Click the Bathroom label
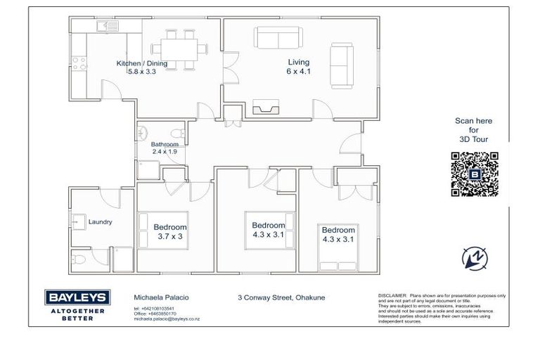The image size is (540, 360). [165, 144]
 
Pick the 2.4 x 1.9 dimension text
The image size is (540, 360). [165, 152]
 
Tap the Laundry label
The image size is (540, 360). [100, 222]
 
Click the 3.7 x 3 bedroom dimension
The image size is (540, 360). [170, 237]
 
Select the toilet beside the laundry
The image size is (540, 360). [80, 260]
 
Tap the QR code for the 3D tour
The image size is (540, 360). [474, 173]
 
